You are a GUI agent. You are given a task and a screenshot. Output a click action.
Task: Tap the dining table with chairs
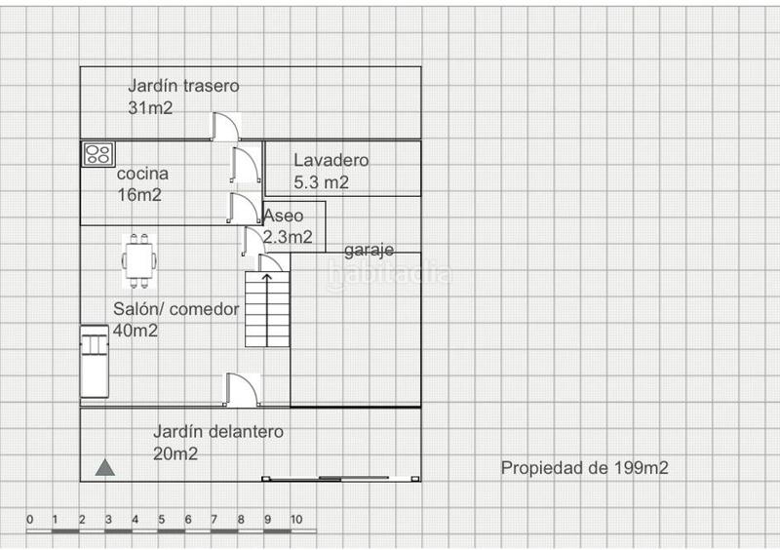tap(139, 260)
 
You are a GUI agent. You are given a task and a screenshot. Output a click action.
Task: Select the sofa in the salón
tap(95, 362)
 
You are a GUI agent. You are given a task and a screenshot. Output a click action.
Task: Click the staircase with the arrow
tap(267, 309)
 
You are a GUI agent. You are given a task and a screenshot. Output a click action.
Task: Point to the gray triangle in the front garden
tap(105, 468)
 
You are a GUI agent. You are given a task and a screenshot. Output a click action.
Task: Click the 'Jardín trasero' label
tap(183, 86)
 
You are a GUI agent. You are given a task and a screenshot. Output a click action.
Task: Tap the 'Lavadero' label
tap(331, 160)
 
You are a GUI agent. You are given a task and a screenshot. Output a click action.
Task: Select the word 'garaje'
tap(370, 250)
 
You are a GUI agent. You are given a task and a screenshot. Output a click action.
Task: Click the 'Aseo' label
tap(283, 216)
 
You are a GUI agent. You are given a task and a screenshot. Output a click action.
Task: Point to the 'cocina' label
tap(142, 174)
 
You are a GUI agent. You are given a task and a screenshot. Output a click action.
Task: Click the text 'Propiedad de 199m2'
tap(584, 468)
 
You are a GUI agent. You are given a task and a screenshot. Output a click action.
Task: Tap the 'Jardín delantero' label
tap(218, 432)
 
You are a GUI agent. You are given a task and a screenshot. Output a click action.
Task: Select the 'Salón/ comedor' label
tap(176, 309)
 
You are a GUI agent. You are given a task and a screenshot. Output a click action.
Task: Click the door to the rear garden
tap(225, 127)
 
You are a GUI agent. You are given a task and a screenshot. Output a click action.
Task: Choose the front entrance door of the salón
tap(242, 390)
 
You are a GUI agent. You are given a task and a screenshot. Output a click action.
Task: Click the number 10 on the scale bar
tap(296, 520)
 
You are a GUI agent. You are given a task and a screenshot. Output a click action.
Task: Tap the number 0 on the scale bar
tap(30, 520)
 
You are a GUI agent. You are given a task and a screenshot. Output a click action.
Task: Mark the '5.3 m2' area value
tap(321, 182)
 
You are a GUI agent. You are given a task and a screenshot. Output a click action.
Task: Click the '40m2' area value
tap(136, 331)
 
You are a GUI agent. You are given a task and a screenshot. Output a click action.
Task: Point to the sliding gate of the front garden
tap(341, 479)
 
